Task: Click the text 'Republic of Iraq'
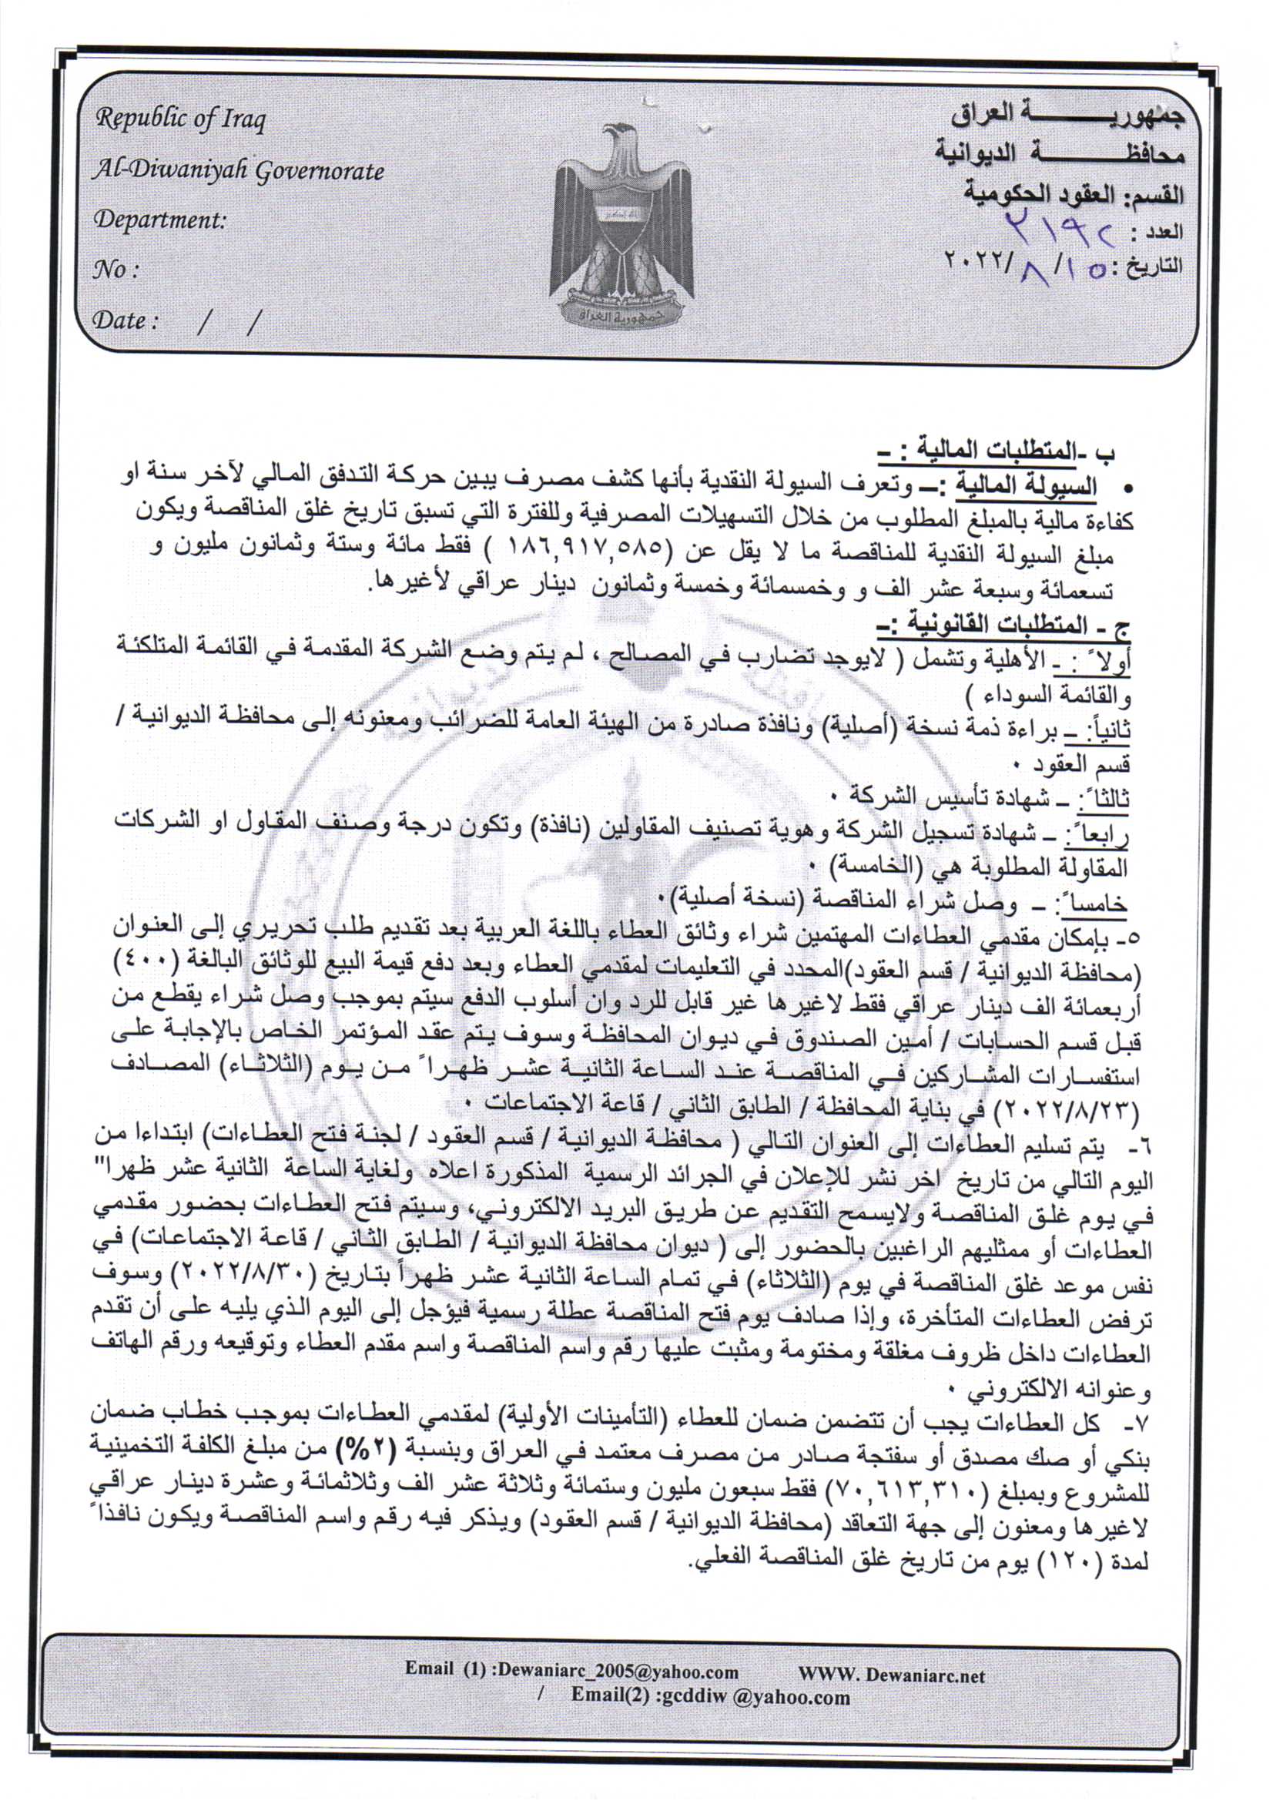(180, 119)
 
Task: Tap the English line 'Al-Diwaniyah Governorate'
(239, 170)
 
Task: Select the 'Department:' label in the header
(159, 220)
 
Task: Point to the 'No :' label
(116, 270)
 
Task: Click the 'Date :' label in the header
(126, 320)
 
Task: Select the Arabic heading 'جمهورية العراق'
(1067, 116)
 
